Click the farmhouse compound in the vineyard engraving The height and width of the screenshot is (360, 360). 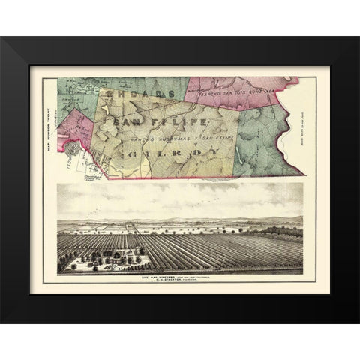click(x=97, y=259)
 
